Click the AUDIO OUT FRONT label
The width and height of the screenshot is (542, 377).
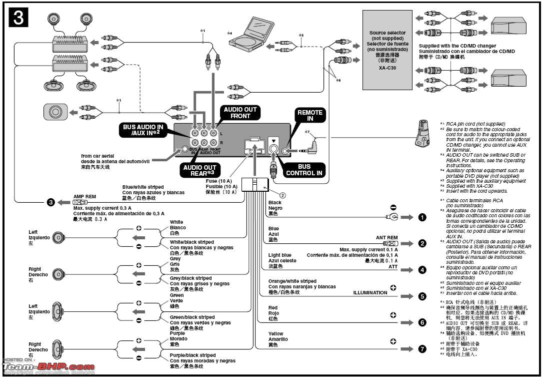240,113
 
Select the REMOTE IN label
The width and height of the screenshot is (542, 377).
310,116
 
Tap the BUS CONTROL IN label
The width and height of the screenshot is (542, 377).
304,170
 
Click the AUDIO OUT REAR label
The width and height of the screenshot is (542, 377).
199,170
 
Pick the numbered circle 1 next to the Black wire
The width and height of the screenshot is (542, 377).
422,217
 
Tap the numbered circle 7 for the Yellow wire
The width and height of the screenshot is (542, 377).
422,349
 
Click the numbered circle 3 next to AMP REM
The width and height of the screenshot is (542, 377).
50,202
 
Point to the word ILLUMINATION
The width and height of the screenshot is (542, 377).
370,292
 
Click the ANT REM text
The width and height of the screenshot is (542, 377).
386,238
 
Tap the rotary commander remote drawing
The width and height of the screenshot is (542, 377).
422,133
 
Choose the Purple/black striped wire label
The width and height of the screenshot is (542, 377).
192,355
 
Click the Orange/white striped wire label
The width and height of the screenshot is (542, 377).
292,281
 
